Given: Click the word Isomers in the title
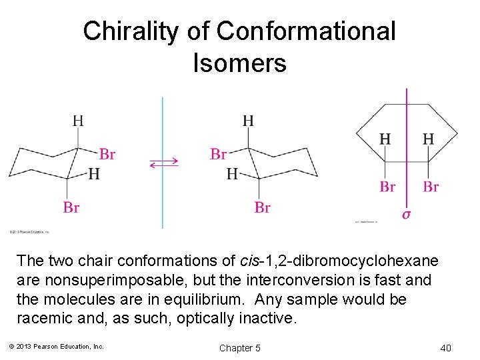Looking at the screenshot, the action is click(x=239, y=63).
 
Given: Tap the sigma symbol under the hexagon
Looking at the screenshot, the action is click(x=407, y=214).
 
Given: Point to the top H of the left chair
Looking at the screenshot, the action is click(x=78, y=121).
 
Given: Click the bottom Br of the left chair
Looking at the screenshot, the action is click(x=71, y=208).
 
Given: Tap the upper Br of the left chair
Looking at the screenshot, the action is click(x=107, y=155).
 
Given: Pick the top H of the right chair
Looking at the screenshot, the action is click(x=248, y=121).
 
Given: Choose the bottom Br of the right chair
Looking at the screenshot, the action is click(x=262, y=208).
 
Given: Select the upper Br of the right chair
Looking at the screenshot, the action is click(x=219, y=155).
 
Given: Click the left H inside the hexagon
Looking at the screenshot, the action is click(x=385, y=139).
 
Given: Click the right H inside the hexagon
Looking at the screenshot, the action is click(x=428, y=139).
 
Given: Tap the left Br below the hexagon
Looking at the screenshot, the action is click(x=387, y=187).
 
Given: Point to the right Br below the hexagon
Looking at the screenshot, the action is click(x=431, y=187).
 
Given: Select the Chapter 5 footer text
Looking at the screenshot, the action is click(x=239, y=348).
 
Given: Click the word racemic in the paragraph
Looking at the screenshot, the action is click(x=44, y=318).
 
